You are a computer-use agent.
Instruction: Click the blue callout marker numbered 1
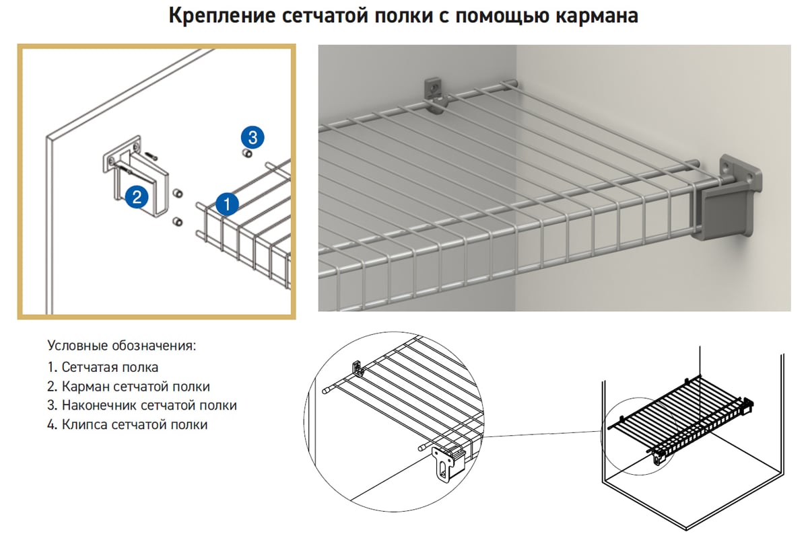227,203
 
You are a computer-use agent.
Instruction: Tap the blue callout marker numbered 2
136,197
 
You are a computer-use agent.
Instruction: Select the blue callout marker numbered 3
252,138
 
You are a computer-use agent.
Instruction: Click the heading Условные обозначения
122,346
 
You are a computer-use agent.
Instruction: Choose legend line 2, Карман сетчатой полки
129,387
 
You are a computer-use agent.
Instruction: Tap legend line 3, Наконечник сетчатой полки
142,406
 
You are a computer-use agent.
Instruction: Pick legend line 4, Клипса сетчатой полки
127,424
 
